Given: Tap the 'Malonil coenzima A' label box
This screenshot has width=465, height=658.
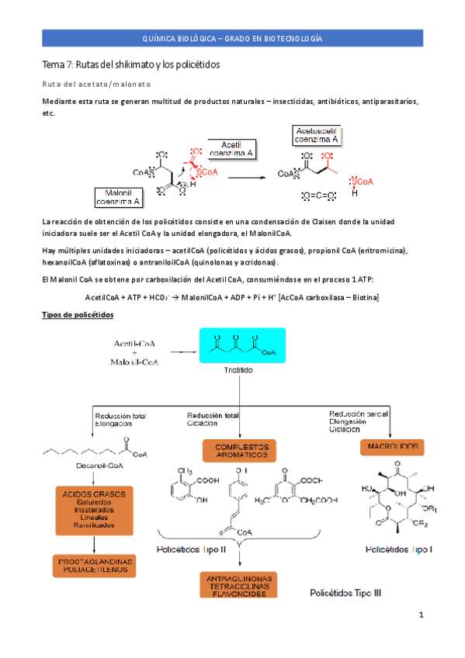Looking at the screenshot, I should pyautogui.click(x=118, y=197).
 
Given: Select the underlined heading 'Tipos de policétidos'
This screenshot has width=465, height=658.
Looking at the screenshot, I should pyautogui.click(x=77, y=314).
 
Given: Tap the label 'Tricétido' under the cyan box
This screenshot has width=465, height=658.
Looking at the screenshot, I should pyautogui.click(x=241, y=371).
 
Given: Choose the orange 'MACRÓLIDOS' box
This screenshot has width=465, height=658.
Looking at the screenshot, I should pyautogui.click(x=390, y=447).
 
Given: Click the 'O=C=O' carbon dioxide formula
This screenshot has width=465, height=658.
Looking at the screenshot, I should pyautogui.click(x=316, y=194).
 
